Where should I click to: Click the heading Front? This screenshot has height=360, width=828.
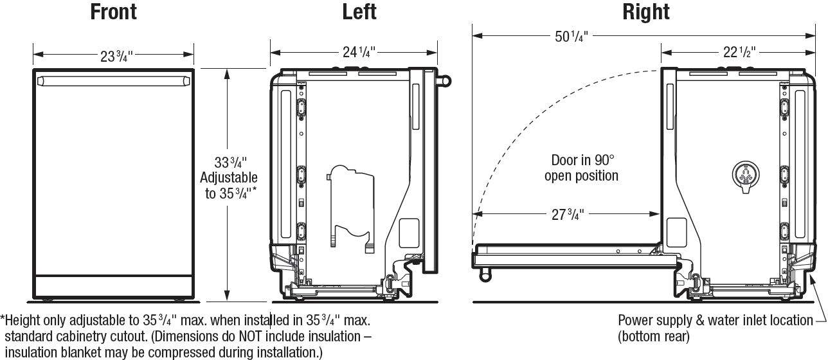coord(113,12)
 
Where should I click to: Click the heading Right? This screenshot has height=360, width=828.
coord(645,12)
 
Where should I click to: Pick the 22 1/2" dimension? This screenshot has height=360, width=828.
coord(739,52)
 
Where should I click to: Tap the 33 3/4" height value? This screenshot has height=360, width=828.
coord(231,163)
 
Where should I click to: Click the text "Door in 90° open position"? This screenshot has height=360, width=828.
coord(582,168)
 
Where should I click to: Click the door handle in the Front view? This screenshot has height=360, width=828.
coord(114,80)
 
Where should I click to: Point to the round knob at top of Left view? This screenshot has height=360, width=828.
coord(445,81)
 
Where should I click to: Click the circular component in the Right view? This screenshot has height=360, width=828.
coord(744,174)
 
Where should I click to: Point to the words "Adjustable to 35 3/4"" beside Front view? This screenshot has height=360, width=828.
coord(228,185)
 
